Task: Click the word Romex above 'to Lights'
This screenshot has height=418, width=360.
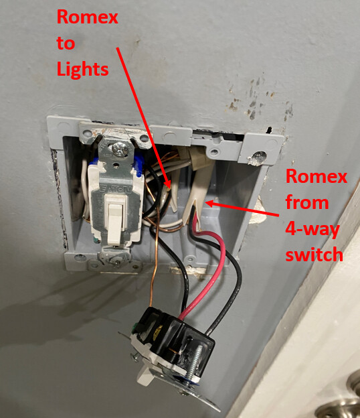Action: pos(87,17)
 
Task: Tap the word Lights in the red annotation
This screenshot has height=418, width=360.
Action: pos(82,69)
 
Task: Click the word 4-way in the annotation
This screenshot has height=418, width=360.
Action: pos(312,229)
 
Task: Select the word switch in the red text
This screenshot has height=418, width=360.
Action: pos(314,254)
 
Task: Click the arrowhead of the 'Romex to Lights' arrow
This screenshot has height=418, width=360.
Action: pos(167,184)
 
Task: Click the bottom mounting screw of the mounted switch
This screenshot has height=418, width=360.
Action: pos(116,259)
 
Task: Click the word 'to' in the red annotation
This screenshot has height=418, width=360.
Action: pos(66,44)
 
